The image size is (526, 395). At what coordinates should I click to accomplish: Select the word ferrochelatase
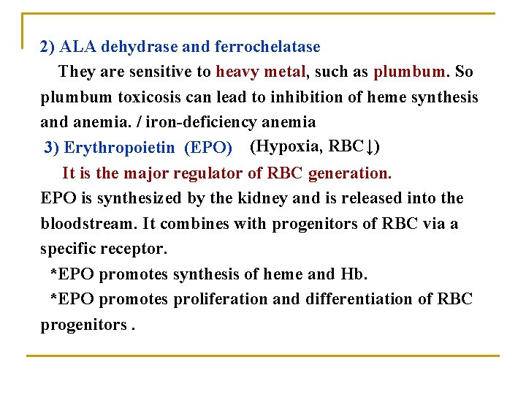coord(267,48)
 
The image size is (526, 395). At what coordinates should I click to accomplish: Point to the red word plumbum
coord(410,72)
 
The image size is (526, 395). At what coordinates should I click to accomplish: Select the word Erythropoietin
coord(120,148)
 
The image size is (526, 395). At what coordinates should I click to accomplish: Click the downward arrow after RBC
coord(370,147)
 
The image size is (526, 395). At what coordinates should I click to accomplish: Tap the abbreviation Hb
coord(352,274)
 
